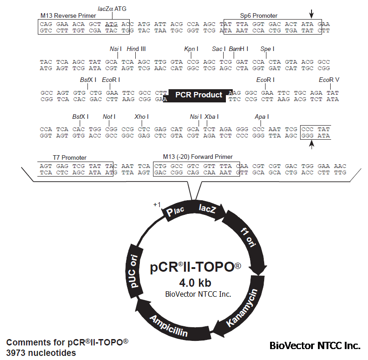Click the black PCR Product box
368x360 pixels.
198,96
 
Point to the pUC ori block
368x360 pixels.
134,270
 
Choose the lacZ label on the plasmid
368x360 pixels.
207,208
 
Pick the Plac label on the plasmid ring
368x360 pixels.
175,211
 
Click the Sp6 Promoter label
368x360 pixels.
259,16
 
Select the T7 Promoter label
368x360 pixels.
70,157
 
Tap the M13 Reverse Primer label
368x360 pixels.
68,16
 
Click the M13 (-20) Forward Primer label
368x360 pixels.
198,157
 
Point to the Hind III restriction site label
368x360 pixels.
136,49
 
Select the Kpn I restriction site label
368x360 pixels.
191,49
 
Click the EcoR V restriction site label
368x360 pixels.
329,80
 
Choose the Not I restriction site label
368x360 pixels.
109,117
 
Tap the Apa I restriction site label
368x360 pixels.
262,117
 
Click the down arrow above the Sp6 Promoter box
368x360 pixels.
311,14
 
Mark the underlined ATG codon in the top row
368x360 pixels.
111,25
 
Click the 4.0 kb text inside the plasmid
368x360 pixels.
195,283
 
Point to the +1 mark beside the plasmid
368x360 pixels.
157,205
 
